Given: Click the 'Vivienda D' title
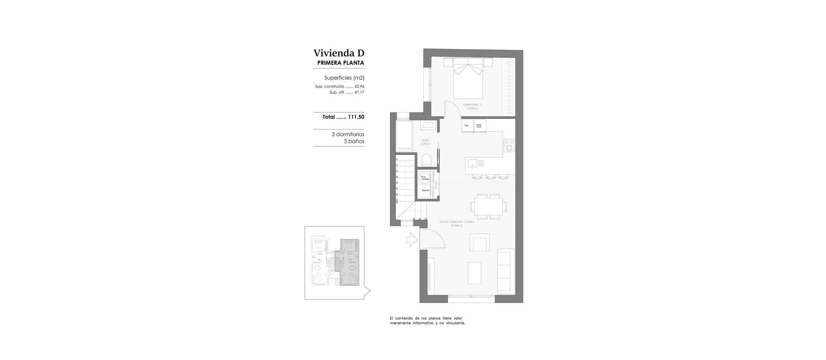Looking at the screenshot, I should pos(339,53).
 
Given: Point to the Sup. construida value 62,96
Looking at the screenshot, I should pos(359,86).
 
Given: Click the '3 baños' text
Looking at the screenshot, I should pos(354,142).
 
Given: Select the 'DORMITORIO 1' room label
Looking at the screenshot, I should pos(472,105).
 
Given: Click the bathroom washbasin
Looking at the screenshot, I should pos(428,125).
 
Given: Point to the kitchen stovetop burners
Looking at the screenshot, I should pos(509,145).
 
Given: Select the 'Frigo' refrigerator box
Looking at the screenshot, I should pos(467,126).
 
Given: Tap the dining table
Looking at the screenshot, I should pos(489,204).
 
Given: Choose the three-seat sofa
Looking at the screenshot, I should pos(505,271).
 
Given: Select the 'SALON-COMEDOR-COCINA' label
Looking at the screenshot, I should pos(456,222).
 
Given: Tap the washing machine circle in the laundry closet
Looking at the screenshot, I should pos(424,177).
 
